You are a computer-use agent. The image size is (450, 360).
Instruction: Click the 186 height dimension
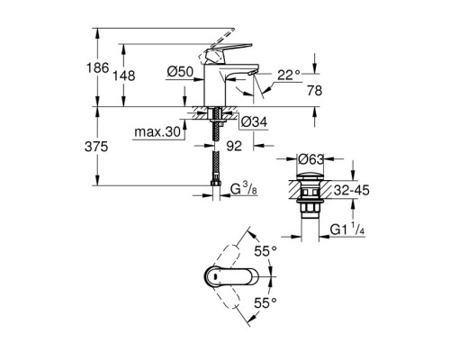point(106,68)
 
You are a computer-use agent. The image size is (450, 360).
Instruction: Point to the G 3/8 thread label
point(245,190)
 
